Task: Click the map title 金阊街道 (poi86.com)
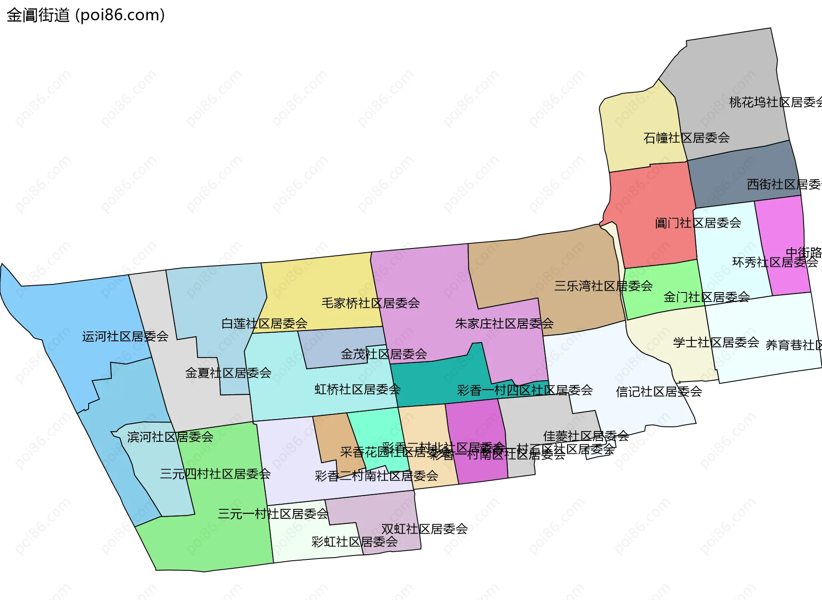[86, 15]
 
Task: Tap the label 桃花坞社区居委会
[775, 102]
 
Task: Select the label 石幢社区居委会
[686, 138]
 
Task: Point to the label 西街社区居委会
[783, 184]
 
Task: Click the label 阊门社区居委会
[698, 223]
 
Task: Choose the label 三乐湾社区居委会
[603, 286]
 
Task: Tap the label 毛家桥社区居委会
[370, 303]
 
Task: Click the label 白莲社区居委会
[264, 323]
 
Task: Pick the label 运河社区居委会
[125, 337]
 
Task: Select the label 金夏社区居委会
[228, 373]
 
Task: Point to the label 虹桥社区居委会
[357, 389]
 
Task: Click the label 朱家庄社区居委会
[504, 324]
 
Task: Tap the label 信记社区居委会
[658, 392]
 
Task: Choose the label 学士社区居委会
[716, 343]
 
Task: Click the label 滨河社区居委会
[170, 437]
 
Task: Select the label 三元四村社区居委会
[215, 474]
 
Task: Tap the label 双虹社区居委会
[424, 529]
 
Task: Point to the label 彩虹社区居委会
[354, 542]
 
